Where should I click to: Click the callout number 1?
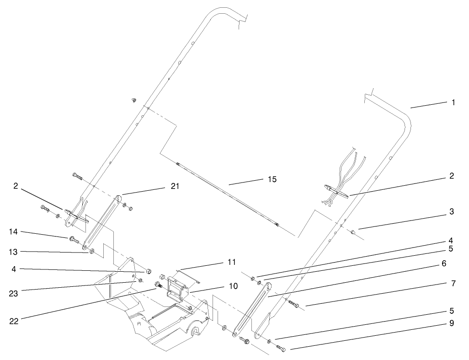point(453,102)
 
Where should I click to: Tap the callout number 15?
point(272,179)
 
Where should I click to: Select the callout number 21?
point(176,186)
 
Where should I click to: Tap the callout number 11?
point(232,262)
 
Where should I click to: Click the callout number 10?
point(233,286)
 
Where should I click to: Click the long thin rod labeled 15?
point(229,194)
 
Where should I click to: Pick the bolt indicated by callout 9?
point(281,349)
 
